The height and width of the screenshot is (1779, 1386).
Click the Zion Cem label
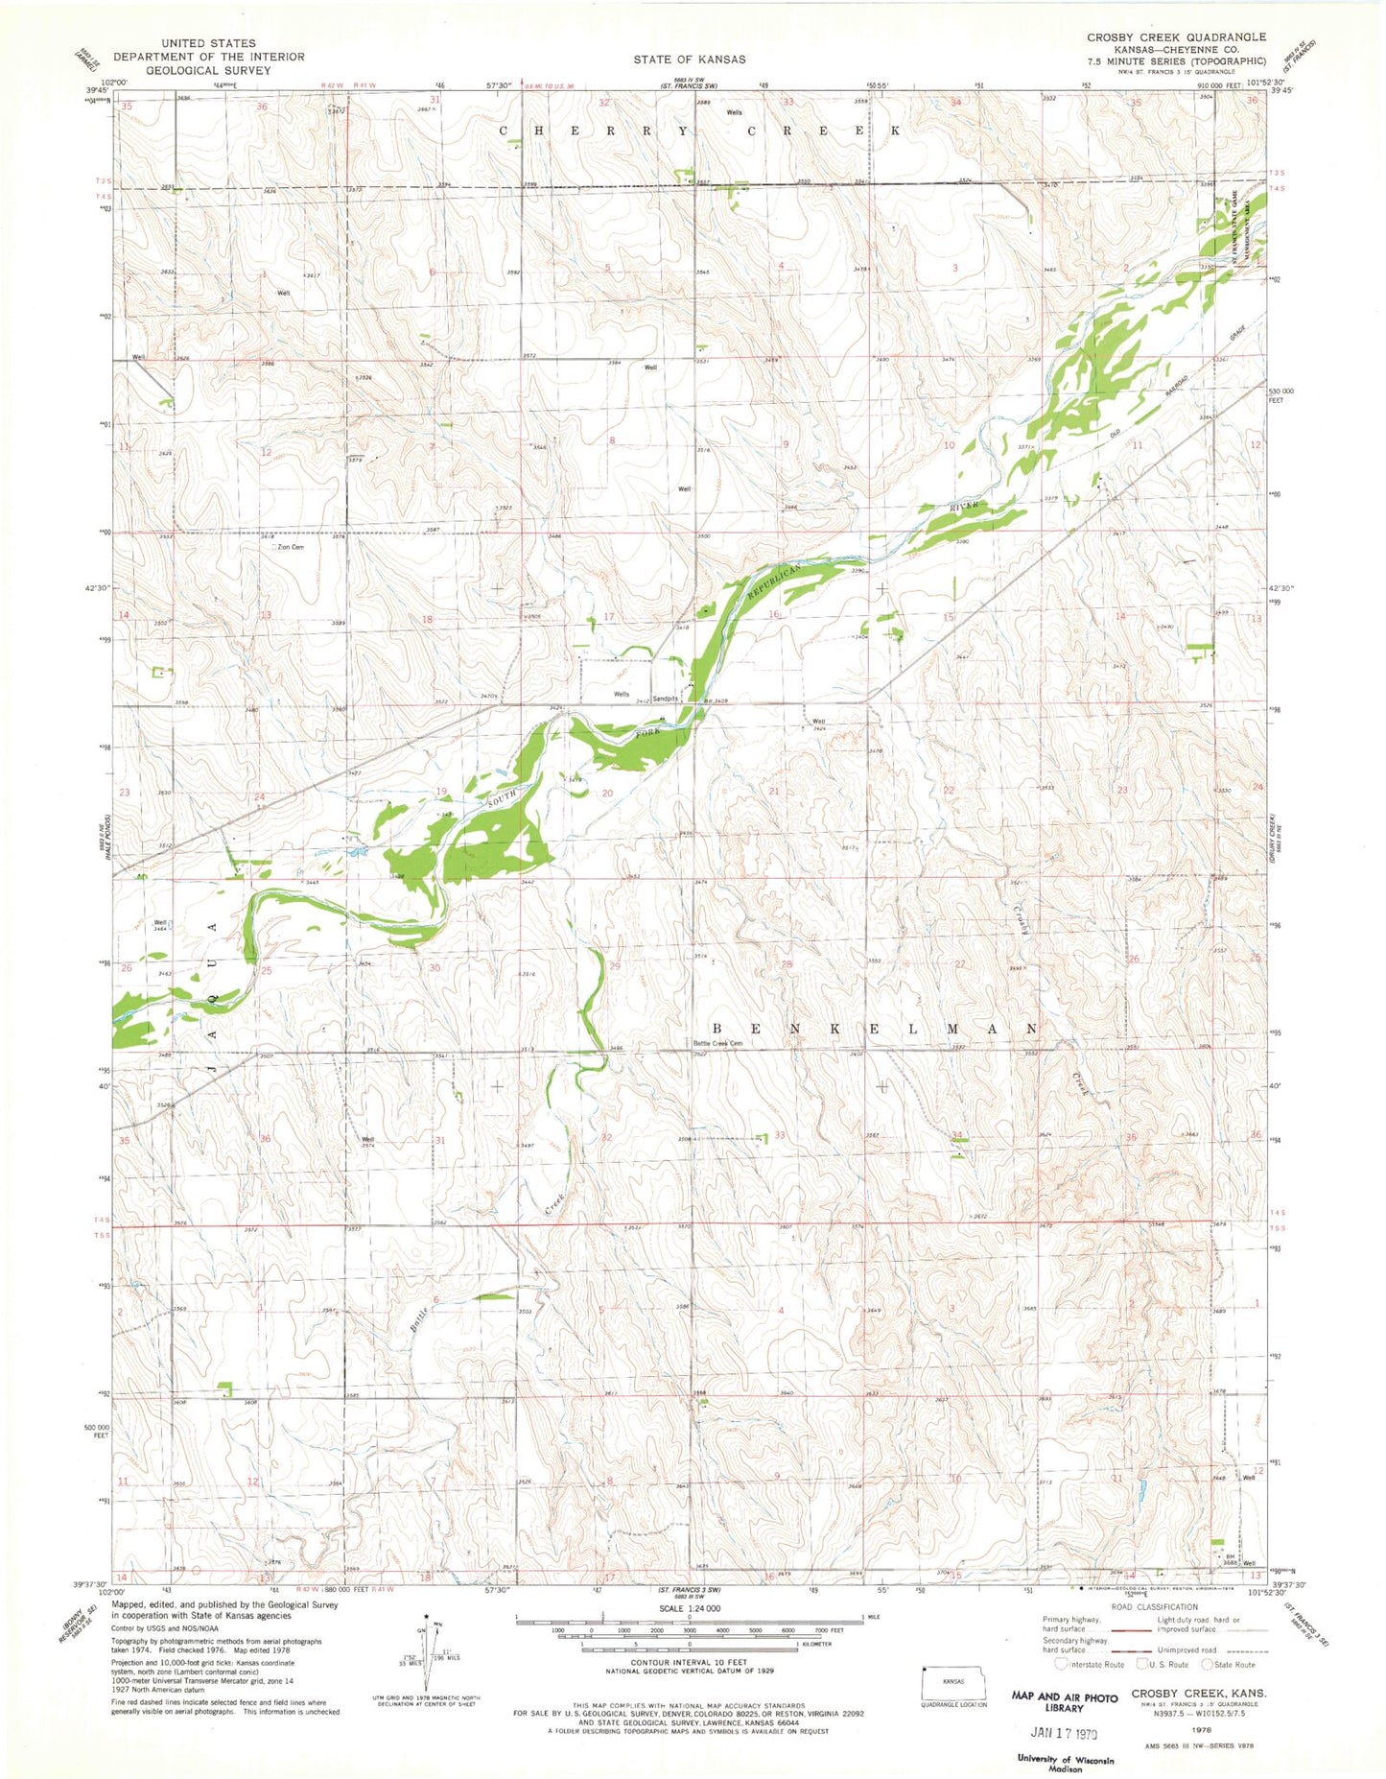click(291, 547)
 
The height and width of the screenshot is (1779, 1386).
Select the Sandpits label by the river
click(666, 699)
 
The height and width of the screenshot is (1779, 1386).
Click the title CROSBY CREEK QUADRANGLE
click(1176, 37)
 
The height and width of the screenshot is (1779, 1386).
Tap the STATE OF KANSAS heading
click(689, 59)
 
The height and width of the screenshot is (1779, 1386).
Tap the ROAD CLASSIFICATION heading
click(1155, 1606)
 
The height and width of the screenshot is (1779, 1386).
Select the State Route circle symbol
click(1208, 1665)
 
